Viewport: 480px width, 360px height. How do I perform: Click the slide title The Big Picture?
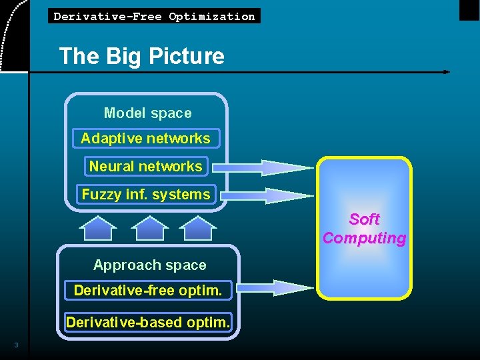click(141, 56)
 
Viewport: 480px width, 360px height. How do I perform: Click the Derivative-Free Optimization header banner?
click(154, 16)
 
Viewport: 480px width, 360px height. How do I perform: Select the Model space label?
click(147, 113)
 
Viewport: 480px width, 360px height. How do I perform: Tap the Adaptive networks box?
click(146, 139)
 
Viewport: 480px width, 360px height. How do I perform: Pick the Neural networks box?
click(146, 166)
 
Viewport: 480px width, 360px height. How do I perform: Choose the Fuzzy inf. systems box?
click(146, 195)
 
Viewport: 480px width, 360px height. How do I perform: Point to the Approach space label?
click(149, 265)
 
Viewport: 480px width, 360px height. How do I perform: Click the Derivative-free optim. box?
click(148, 291)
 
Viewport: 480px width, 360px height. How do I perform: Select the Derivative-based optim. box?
click(148, 323)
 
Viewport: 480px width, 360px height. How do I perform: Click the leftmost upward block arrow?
click(98, 228)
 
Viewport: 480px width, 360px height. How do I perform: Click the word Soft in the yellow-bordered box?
click(364, 219)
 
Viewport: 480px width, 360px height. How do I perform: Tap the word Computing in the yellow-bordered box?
click(364, 238)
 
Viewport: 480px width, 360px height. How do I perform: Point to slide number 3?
click(16, 345)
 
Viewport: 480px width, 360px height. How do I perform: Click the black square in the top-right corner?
click(469, 9)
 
